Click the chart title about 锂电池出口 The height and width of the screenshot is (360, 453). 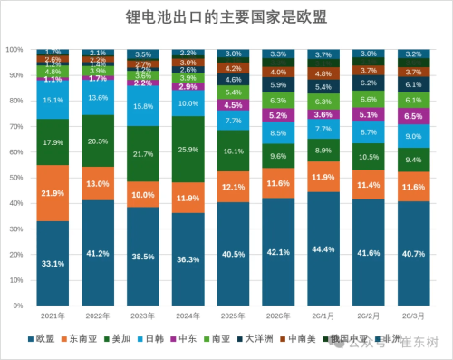(x=226, y=17)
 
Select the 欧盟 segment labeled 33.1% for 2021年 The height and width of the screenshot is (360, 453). (x=53, y=264)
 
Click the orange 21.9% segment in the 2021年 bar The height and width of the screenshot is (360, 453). (x=53, y=193)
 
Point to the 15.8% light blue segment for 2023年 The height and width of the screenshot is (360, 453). (x=142, y=106)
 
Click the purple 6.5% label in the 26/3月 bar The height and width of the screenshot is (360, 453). (x=412, y=117)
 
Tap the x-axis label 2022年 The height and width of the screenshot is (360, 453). (x=98, y=315)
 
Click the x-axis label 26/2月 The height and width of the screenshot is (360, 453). (x=367, y=315)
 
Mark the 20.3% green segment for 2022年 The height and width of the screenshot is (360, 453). (x=98, y=141)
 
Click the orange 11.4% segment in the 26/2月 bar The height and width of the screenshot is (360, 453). (x=367, y=185)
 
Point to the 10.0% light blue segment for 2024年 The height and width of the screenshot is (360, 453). (x=188, y=103)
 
